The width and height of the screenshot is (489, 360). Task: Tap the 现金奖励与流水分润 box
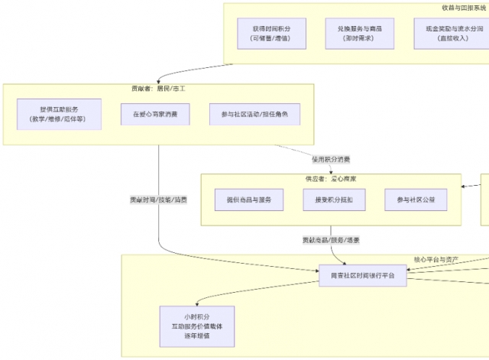point(453,32)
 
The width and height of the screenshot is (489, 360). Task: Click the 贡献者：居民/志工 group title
point(159,89)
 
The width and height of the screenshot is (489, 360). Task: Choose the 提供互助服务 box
point(60,114)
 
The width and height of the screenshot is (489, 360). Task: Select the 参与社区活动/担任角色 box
point(254,114)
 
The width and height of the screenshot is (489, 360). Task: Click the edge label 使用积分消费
point(331,160)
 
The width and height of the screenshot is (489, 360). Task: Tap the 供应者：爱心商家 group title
point(331,179)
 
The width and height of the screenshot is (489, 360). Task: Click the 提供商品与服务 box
point(249,199)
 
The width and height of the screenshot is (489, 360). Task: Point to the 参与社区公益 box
point(410,199)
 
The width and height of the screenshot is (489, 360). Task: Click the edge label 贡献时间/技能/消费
point(159,199)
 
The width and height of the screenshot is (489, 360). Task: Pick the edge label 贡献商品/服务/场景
point(331,240)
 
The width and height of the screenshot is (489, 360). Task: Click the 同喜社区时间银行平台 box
point(363,275)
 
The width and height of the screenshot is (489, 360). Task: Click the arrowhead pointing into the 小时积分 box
point(196,305)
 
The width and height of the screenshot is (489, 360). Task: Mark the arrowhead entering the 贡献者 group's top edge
point(159,82)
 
